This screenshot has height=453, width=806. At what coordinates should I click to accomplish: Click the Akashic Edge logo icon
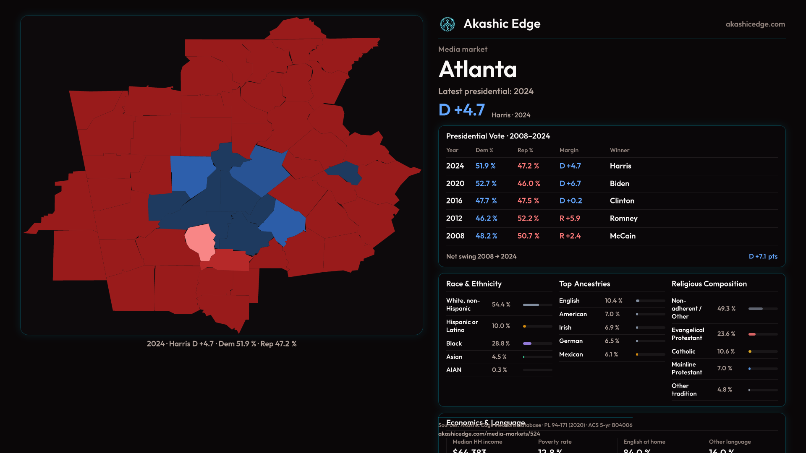click(447, 24)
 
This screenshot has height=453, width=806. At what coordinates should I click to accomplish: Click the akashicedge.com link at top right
click(755, 24)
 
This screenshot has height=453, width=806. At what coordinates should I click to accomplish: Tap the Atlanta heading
click(478, 69)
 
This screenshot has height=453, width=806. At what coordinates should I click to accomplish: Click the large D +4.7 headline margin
click(462, 110)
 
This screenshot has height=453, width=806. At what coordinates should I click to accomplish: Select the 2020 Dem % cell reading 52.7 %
click(486, 184)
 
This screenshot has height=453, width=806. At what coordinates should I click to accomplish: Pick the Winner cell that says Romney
click(623, 219)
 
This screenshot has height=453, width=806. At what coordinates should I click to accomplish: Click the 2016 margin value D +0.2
click(570, 201)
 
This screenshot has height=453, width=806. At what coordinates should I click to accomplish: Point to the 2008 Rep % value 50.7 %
click(528, 236)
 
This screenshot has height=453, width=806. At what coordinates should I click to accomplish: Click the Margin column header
click(569, 150)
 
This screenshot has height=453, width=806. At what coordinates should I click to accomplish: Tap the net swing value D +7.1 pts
click(763, 257)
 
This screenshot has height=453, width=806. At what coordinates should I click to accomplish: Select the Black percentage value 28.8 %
click(500, 344)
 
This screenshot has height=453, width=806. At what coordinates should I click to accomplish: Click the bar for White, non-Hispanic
click(531, 305)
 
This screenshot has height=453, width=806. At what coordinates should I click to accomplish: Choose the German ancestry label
click(570, 341)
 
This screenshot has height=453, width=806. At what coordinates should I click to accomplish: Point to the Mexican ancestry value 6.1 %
click(611, 354)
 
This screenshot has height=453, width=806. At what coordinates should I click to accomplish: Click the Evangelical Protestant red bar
click(752, 334)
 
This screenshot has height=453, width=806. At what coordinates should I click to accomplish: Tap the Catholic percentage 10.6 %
click(726, 351)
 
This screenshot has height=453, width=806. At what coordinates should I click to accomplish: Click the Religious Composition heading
click(709, 284)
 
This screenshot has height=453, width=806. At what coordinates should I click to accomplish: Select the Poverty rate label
click(555, 442)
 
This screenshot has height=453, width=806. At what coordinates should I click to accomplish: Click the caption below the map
click(222, 344)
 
